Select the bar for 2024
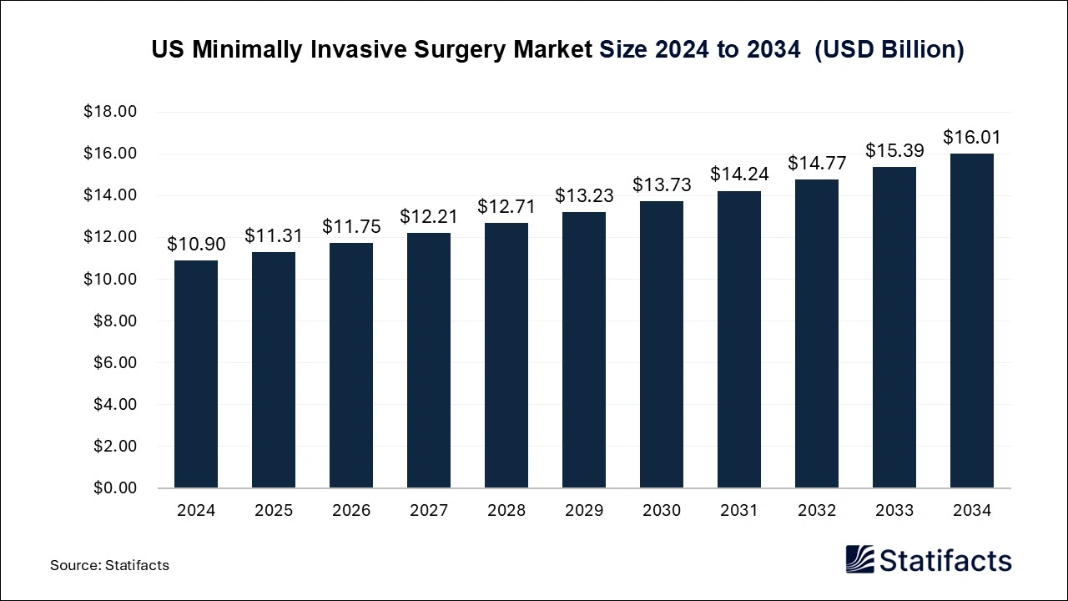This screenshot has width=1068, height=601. [x=196, y=374]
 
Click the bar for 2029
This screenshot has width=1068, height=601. [x=584, y=350]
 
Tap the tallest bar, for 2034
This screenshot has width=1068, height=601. [x=972, y=321]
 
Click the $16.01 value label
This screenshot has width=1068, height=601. [x=972, y=138]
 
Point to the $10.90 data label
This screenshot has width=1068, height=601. [x=196, y=245]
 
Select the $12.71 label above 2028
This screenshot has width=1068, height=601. [x=506, y=206]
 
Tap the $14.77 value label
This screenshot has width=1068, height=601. [x=817, y=164]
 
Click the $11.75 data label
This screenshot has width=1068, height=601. [x=351, y=226]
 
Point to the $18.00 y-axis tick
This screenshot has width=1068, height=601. [x=110, y=112]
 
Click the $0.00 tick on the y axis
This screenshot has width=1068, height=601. [x=113, y=487]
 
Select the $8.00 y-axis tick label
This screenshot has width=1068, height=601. [x=113, y=321]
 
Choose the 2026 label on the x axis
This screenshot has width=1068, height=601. [x=351, y=511]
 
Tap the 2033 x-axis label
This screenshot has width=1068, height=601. [x=894, y=511]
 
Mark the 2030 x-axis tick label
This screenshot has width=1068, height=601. [x=662, y=511]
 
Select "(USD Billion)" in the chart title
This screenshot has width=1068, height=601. [x=889, y=50]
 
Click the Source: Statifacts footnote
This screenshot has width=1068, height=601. [x=109, y=565]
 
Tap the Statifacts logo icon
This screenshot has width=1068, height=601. [x=860, y=559]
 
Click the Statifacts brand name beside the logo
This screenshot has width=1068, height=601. [x=946, y=560]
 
